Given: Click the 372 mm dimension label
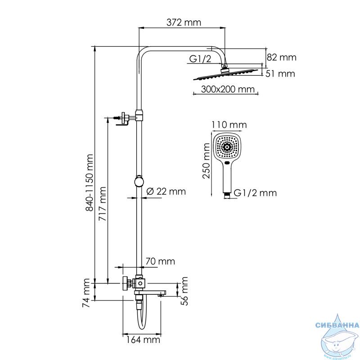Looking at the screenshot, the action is point(184,22).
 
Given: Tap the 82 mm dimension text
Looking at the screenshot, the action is point(282,58).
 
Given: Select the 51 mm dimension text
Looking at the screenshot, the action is point(280,74).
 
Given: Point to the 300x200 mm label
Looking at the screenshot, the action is point(228,89).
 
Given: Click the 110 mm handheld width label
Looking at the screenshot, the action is point(229,125).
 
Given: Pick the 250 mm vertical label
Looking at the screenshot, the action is point(207,161).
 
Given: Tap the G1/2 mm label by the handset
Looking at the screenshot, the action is point(255,193).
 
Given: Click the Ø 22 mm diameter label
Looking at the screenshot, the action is point(166,192).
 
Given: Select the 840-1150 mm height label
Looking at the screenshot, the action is point(89,183).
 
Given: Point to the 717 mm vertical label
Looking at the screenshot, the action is point(103,204).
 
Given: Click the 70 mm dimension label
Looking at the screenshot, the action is point(160,261).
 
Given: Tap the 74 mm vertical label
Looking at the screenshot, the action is point(86,293).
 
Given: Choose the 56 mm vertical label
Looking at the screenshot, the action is point(184,291).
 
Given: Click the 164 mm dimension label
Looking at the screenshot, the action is point(143,340).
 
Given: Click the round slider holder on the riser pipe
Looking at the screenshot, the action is point(139,182).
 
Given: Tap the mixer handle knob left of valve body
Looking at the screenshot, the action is point(126,283).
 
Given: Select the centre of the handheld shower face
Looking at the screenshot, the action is point(227,147).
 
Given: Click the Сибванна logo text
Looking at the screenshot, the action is point(337,325).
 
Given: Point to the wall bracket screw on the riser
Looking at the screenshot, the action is point(117,118).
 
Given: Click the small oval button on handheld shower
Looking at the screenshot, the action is point(227,163).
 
